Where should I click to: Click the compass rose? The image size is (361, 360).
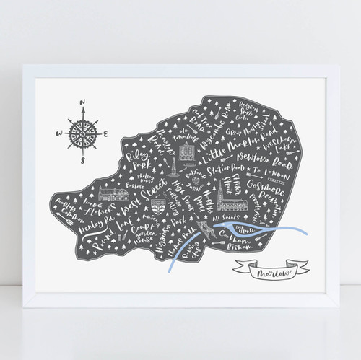[x=81, y=133]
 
